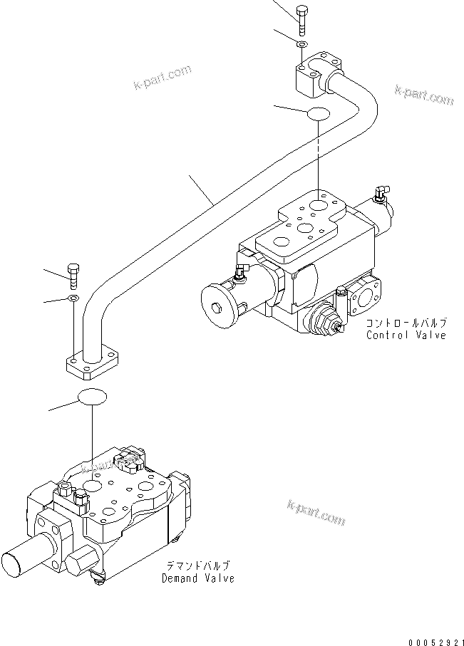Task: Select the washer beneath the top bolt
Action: (302, 45)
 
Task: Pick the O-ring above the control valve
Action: (318, 114)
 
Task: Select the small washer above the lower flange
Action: (73, 297)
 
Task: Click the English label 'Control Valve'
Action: (406, 335)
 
